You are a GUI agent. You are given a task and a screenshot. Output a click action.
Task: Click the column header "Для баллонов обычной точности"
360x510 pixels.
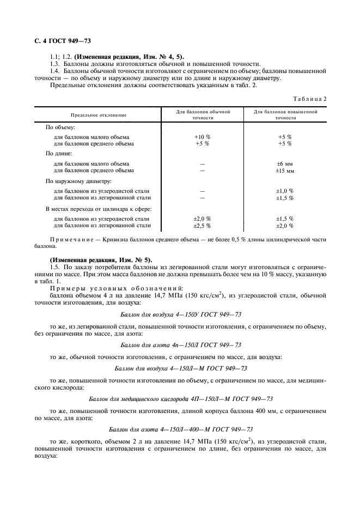click(203, 114)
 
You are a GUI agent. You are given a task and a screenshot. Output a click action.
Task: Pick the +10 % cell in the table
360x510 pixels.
click(202, 137)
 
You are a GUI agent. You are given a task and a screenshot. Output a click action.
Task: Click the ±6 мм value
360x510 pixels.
click(285, 163)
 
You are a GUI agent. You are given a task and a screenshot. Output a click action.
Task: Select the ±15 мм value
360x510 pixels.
click(285, 171)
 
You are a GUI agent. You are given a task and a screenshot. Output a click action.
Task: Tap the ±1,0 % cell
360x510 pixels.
click(285, 191)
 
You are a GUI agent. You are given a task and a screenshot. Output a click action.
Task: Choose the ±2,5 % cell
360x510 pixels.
click(202, 226)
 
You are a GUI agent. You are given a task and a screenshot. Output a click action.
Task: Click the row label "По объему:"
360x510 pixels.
click(60, 127)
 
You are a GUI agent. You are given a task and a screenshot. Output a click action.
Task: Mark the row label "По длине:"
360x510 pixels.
click(59, 154)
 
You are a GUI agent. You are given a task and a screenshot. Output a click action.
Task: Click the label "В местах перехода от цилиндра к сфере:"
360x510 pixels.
click(97, 209)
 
